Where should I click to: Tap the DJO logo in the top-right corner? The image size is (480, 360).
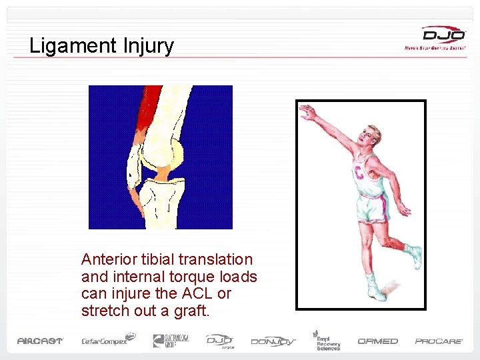tap(443, 37)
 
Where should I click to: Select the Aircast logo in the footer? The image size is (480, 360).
tap(40, 341)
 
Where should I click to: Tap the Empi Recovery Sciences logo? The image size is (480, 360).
tap(327, 339)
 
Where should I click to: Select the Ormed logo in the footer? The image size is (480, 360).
tap(377, 341)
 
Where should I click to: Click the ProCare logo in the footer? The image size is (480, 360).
tap(439, 341)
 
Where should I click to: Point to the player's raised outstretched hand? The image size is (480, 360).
tap(307, 111)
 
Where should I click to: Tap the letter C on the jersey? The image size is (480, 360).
tap(360, 175)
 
